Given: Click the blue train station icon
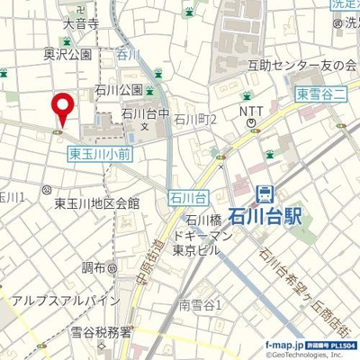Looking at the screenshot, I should click(x=265, y=193).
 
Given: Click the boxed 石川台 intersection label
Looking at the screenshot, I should click(x=188, y=195).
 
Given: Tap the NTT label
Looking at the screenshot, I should click(x=251, y=110).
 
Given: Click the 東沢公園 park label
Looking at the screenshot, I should click(x=67, y=55).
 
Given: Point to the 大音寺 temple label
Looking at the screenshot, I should click(x=81, y=24).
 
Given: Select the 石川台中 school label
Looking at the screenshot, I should click(x=146, y=113).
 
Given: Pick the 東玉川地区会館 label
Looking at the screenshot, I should click(x=96, y=203).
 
